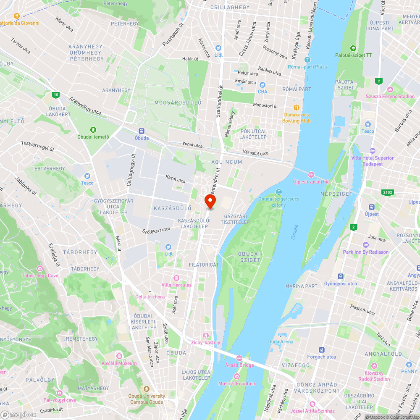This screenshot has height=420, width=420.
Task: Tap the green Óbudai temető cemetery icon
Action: tap(93, 129)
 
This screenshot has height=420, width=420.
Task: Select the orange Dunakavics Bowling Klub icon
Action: tap(297, 107)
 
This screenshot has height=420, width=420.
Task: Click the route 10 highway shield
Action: tap(56, 95)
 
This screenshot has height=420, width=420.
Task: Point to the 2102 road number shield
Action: tap(388, 192)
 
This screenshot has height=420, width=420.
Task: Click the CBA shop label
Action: tap(262, 91)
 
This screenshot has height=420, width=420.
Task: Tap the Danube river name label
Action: tap(294, 232)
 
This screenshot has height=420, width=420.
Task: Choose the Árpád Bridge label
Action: tap(239, 365)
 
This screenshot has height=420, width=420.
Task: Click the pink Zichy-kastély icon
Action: tap(205, 335)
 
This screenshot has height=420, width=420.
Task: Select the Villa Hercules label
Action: tap(176, 285)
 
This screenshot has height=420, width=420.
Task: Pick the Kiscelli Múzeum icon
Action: tap(119, 356)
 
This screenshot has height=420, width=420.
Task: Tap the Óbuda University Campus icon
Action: tap(147, 389)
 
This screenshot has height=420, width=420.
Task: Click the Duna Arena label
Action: tap(281, 341)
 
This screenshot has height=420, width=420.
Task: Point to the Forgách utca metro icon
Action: tap(322, 349)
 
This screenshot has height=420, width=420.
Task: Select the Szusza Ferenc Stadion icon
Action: tap(390, 89)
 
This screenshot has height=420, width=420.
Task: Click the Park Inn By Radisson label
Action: tap(366, 252)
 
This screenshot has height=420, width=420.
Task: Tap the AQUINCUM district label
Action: tap(227, 162)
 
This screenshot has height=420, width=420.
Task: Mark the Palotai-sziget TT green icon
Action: tap(353, 48)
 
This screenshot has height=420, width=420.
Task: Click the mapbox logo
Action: tap(18, 414)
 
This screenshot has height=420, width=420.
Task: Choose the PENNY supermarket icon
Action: tap(409, 365)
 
